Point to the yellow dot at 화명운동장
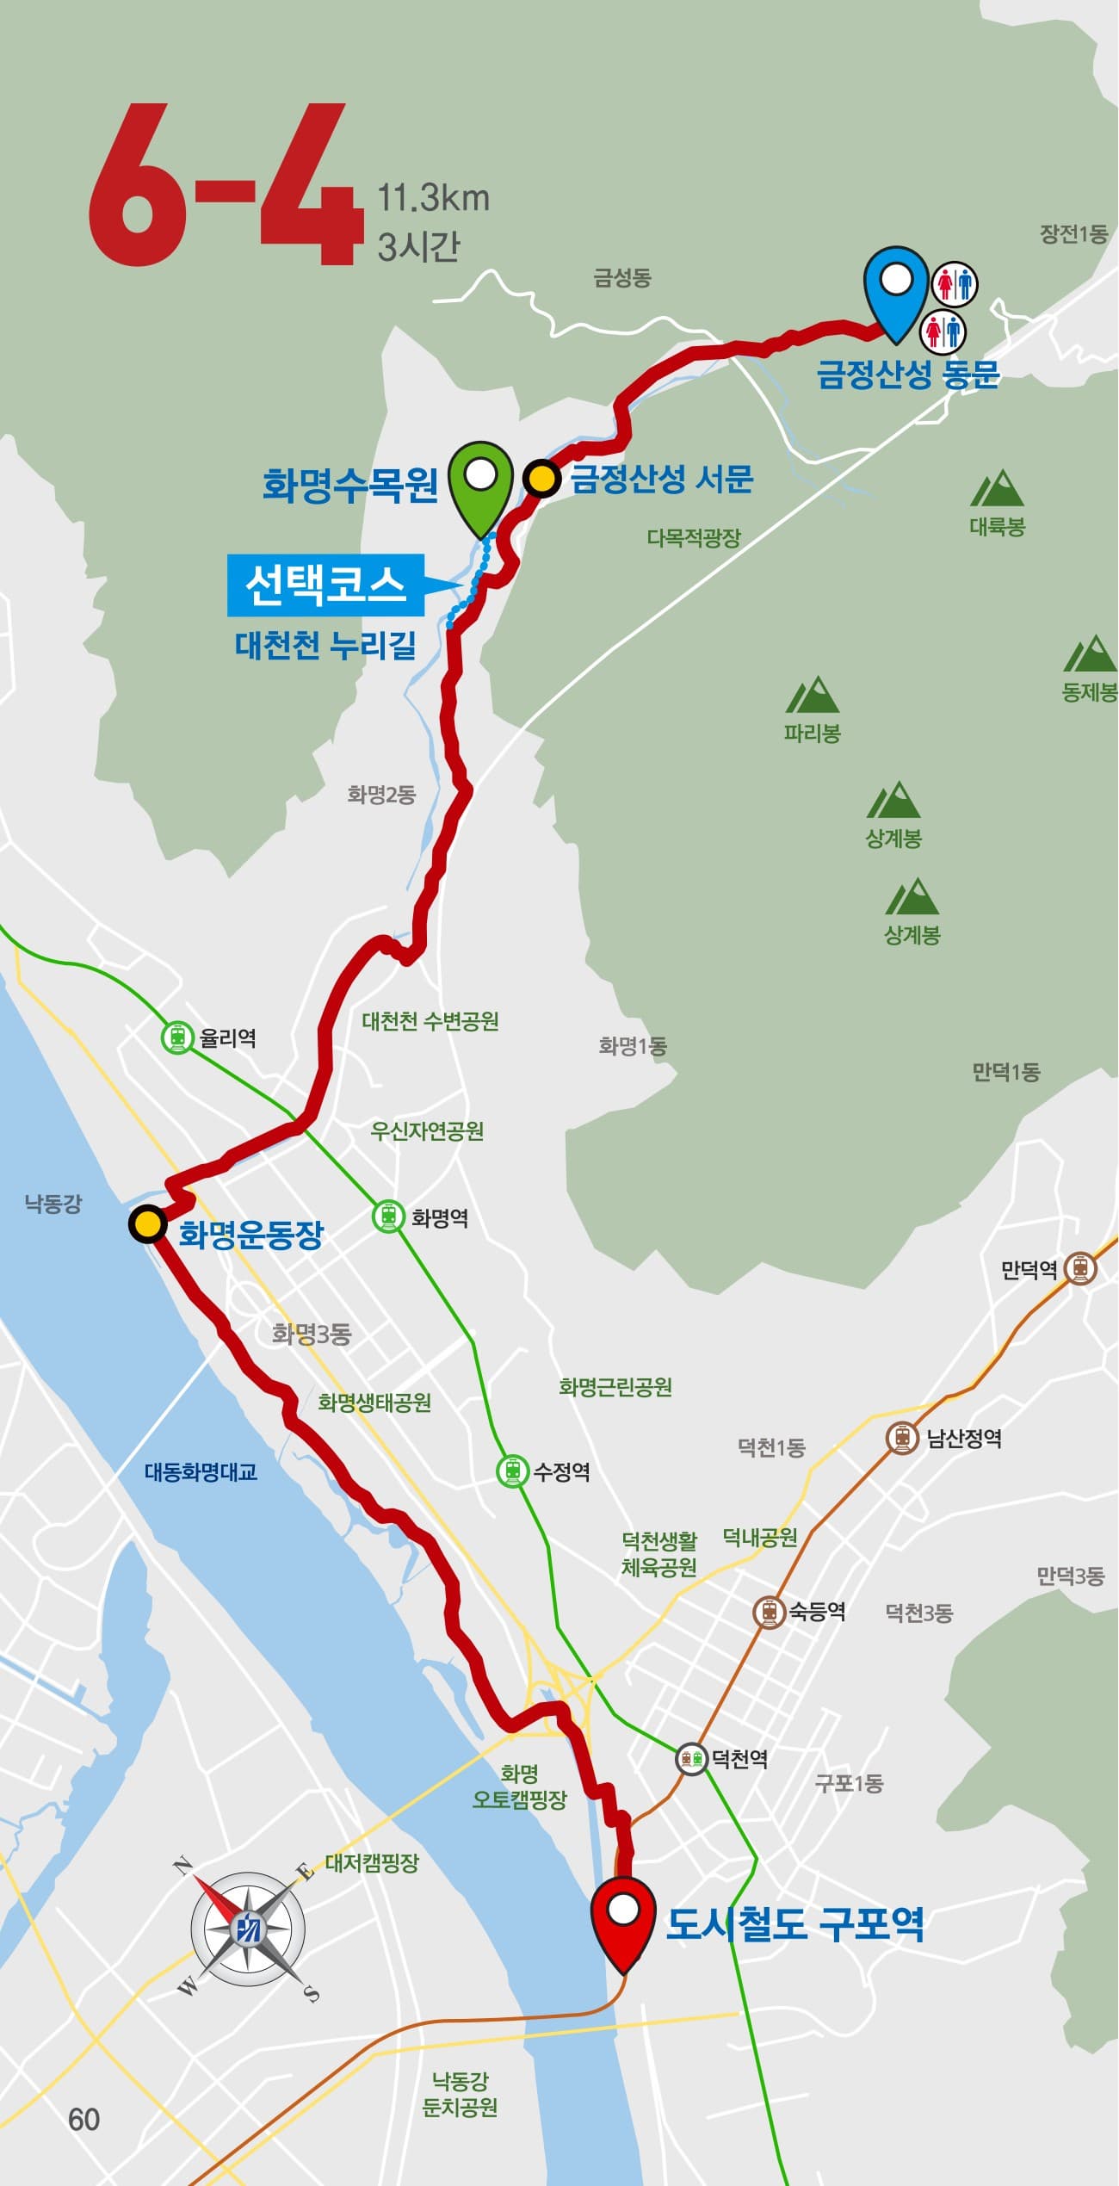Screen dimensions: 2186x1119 148,1223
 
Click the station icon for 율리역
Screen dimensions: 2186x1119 177,1037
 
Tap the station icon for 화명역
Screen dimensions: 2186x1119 388,1217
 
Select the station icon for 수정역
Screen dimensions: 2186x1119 512,1471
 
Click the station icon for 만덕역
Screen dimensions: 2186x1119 1079,1268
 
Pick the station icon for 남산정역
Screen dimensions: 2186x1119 902,1438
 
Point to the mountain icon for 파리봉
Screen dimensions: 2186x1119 812,696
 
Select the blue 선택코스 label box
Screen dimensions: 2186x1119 325,585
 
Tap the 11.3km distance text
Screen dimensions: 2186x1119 433,199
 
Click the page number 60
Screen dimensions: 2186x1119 84,2120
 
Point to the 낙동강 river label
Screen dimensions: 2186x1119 53,1204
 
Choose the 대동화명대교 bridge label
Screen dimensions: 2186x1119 201,1471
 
